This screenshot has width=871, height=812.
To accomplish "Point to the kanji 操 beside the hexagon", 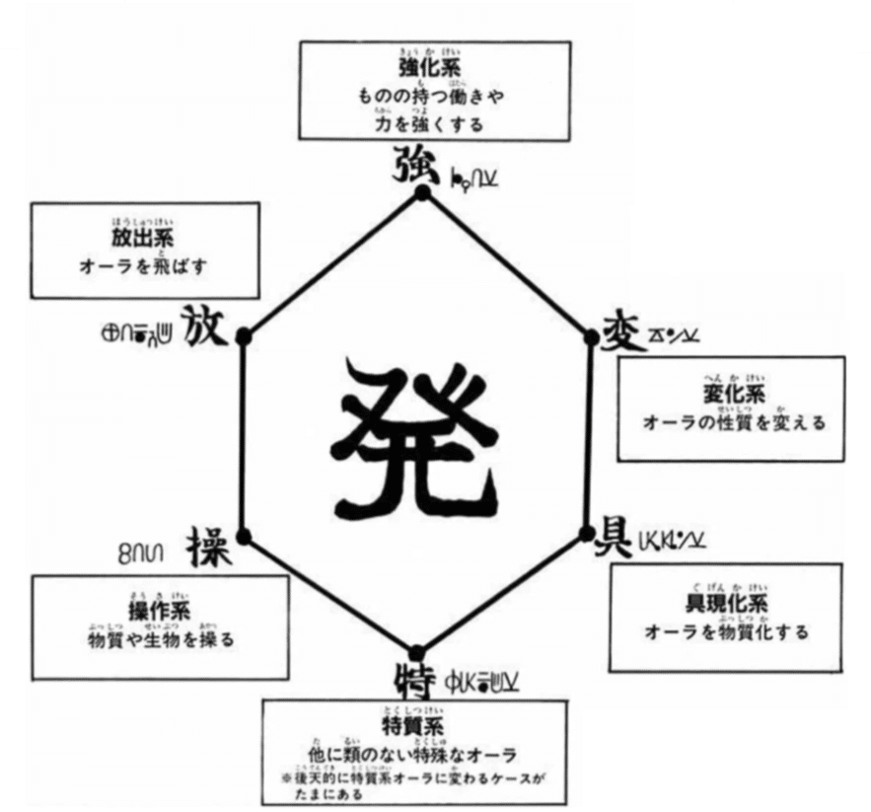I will (x=208, y=544).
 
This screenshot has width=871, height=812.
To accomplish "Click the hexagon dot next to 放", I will (x=245, y=335).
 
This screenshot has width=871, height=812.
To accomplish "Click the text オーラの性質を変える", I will (x=732, y=423).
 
